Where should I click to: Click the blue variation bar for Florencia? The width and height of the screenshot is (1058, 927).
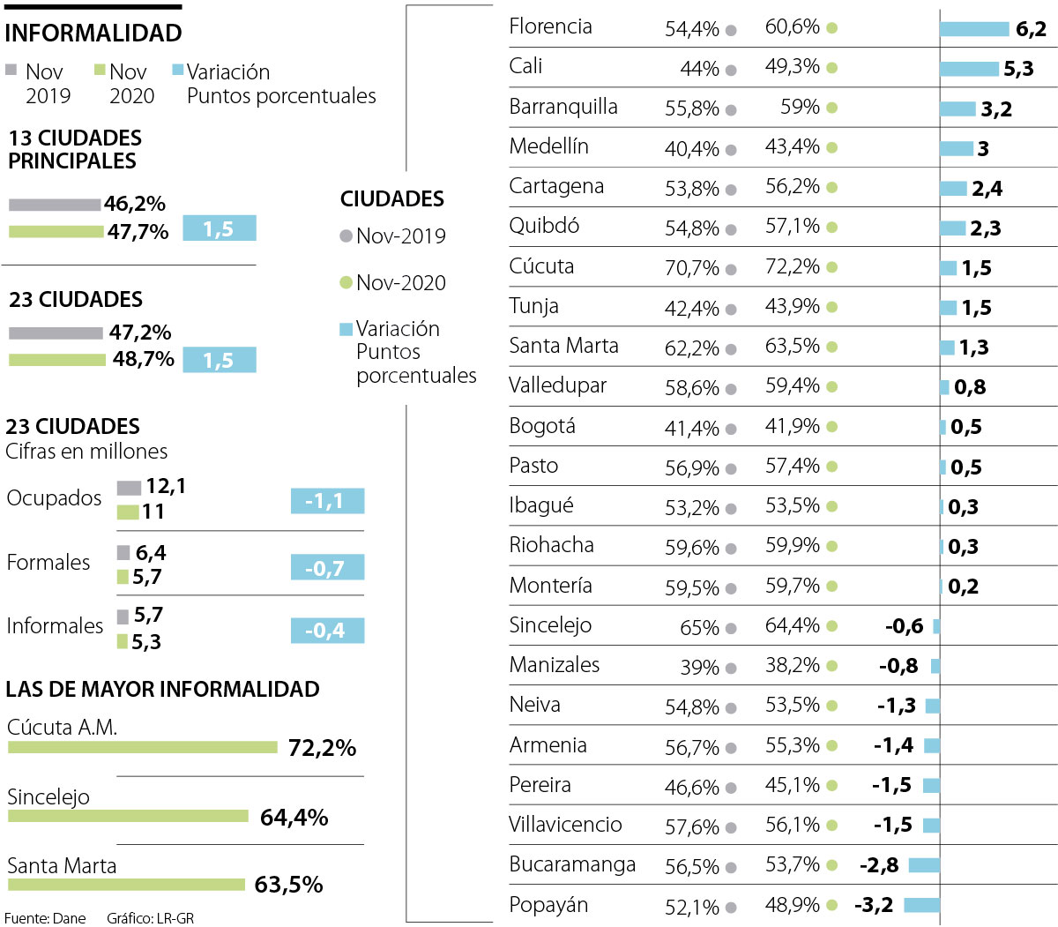973,29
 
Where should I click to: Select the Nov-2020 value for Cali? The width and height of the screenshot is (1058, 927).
792,67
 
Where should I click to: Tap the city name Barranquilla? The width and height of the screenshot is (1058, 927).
563,107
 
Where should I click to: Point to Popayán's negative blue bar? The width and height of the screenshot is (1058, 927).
921,905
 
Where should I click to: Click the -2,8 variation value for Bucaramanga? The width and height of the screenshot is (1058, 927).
879,865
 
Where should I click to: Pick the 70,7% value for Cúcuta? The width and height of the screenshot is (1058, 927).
692,267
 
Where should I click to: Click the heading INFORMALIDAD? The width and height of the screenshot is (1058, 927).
93,34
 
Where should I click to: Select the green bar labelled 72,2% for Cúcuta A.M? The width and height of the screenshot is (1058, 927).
143,747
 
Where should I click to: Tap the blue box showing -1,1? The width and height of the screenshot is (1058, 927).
327,501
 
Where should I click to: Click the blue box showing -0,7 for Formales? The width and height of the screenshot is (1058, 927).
327,568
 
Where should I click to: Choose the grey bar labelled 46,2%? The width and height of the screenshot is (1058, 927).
55,205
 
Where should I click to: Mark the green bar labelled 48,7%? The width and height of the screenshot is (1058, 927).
57,360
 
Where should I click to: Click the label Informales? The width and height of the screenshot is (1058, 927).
55,626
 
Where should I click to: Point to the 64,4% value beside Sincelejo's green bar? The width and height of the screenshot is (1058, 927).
294,818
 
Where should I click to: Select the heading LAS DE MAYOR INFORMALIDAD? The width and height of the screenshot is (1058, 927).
162,689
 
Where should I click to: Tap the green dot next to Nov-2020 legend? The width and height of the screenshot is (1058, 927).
346,282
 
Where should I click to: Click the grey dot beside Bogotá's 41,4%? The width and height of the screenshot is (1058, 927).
731,430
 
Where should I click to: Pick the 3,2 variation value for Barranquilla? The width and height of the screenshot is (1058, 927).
996,109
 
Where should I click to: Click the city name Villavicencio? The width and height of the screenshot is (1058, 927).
565,825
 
